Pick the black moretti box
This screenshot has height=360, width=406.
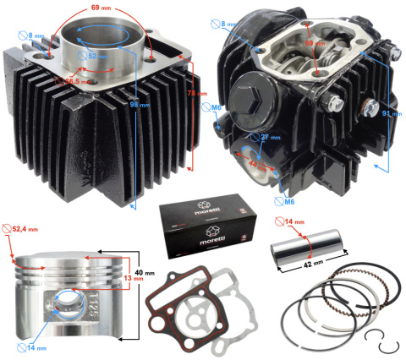pos(203,226)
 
